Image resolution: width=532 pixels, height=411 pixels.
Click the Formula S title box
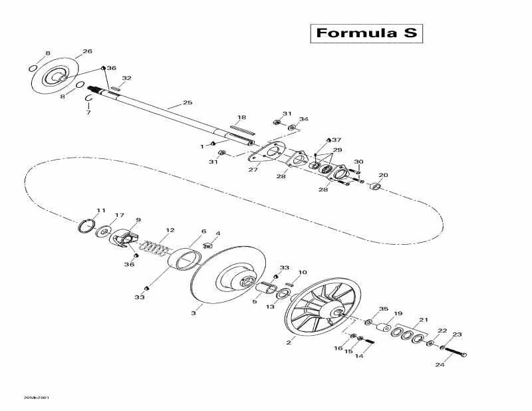click(x=366, y=33)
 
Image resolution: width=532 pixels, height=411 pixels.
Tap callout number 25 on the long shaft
click(x=188, y=103)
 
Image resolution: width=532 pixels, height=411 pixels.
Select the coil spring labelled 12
click(x=156, y=248)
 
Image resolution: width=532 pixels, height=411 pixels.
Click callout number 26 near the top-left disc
click(x=87, y=51)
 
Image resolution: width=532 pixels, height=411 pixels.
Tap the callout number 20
click(x=382, y=176)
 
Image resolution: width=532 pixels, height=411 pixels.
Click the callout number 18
click(x=241, y=117)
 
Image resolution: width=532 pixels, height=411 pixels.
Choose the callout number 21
click(x=424, y=321)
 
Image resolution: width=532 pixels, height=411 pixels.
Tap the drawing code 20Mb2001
click(x=36, y=398)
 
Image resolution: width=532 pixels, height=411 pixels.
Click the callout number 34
click(x=304, y=120)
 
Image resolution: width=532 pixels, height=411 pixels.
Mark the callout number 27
click(x=253, y=170)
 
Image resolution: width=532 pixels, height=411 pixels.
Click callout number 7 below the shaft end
click(x=88, y=113)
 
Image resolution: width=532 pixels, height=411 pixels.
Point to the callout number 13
click(x=270, y=307)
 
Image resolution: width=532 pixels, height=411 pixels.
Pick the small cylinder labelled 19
click(x=384, y=328)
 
